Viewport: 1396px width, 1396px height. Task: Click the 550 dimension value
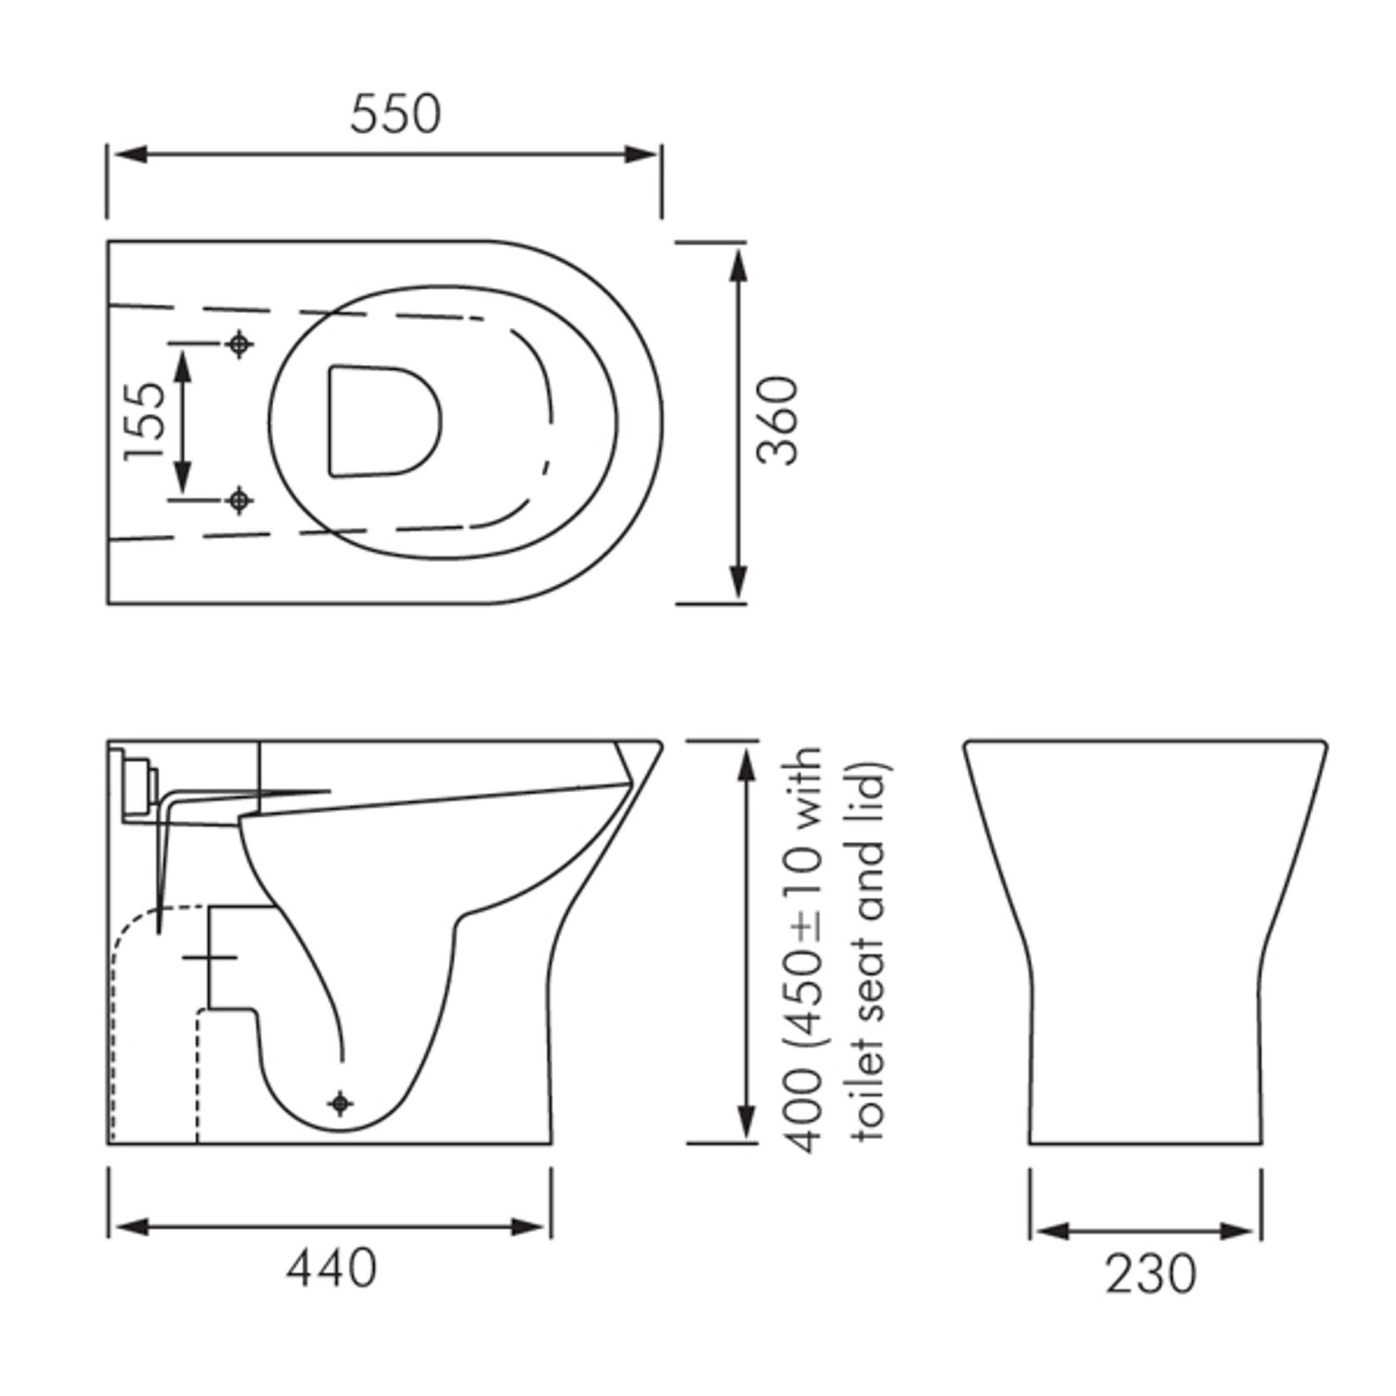(395, 114)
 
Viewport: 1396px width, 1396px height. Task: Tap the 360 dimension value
(778, 421)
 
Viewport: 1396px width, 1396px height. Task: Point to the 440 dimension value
(332, 1269)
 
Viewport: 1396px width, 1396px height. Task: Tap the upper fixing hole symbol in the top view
(240, 342)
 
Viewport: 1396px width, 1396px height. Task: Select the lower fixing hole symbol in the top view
(240, 500)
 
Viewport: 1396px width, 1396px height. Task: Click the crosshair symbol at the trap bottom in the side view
(340, 1104)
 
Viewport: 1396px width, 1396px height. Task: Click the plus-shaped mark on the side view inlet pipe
(210, 958)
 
